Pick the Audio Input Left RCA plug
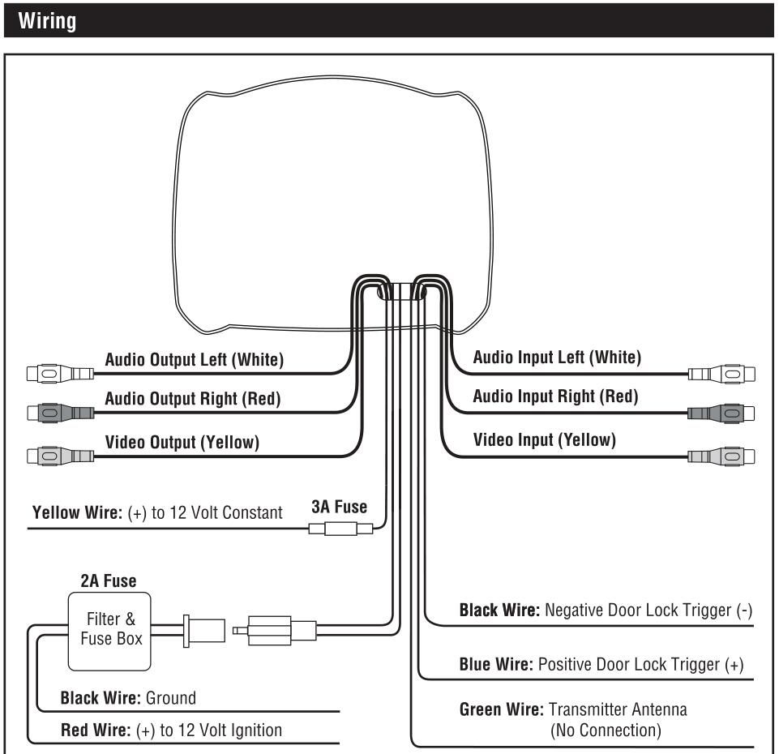[x=722, y=374]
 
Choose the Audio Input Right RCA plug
[x=722, y=413]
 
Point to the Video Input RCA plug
[x=722, y=456]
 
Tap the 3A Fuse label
[x=339, y=508]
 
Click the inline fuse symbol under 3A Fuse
[x=340, y=529]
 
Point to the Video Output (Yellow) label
[x=182, y=442]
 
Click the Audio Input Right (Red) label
[x=555, y=396]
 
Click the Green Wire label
[x=500, y=709]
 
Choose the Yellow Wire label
[x=77, y=513]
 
